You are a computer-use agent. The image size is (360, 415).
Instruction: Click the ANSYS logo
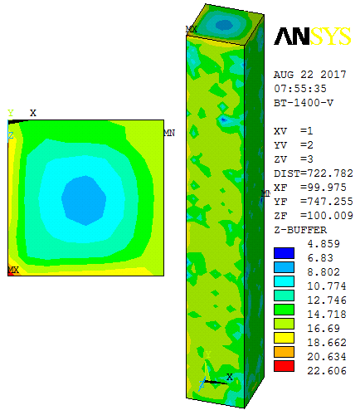[313, 37]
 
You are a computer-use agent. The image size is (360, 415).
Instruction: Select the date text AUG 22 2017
[310, 75]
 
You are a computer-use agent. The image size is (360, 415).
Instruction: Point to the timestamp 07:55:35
[300, 89]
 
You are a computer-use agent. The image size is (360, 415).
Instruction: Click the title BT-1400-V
[304, 103]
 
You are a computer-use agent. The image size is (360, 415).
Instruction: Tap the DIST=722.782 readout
[314, 173]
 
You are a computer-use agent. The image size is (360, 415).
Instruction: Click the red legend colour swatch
[284, 366]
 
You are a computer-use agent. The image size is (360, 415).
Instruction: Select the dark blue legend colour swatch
[284, 253]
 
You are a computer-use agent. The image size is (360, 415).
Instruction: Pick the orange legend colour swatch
[284, 352]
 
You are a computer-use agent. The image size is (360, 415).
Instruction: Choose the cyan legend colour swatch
[284, 281]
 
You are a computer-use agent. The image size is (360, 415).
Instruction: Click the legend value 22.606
[327, 371]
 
